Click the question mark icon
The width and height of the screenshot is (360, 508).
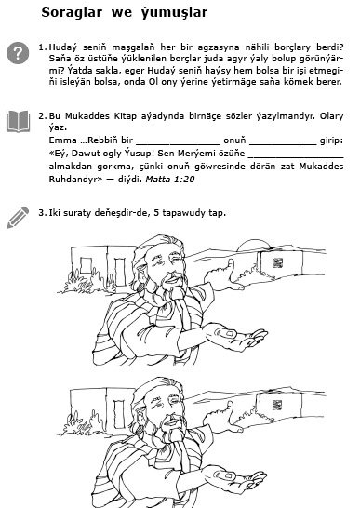(x=18, y=52)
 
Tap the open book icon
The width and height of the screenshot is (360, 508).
(x=19, y=122)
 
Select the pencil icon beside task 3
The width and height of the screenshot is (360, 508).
(x=18, y=218)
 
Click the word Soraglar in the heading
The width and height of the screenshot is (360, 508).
(x=72, y=12)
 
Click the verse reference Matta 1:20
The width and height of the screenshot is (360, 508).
(x=170, y=180)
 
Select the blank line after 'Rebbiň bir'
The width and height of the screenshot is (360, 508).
(x=179, y=144)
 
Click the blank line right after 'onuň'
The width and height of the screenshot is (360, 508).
(x=283, y=144)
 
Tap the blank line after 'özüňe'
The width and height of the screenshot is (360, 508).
(x=296, y=157)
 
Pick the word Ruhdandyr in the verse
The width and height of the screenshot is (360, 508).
(x=73, y=180)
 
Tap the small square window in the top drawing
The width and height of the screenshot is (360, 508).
(x=86, y=266)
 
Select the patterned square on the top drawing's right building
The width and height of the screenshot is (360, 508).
(x=278, y=263)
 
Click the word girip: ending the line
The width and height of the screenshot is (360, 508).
(x=331, y=140)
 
